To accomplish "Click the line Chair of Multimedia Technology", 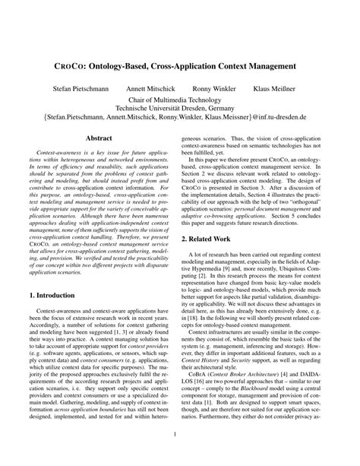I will [x=179, y=100].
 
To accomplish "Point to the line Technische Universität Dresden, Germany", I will [x=179, y=109].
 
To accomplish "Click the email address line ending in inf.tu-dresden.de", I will [x=179, y=119].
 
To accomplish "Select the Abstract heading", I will [x=100, y=139].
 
